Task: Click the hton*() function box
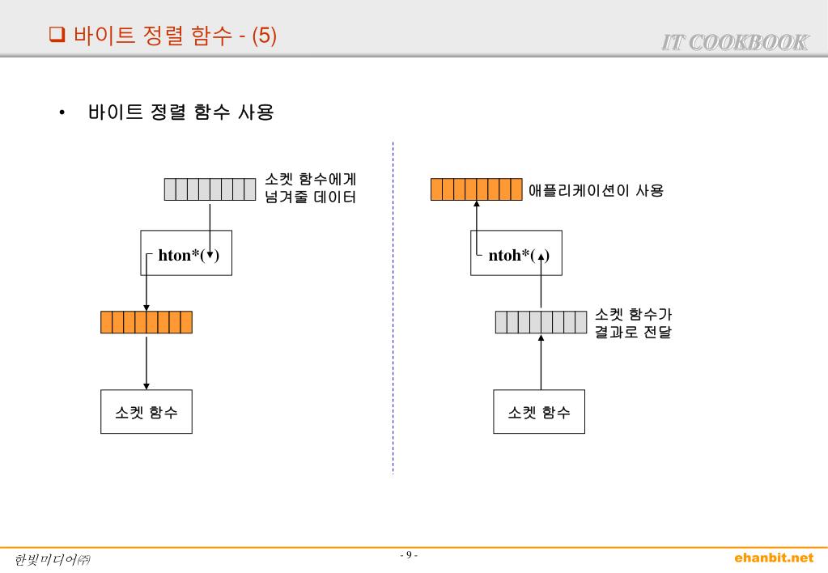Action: point(185,253)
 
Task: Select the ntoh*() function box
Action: point(516,253)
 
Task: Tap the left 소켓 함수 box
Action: point(146,412)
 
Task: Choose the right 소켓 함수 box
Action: point(539,412)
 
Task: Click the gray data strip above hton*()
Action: point(210,189)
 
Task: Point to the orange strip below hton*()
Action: point(146,322)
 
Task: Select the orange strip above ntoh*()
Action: point(476,189)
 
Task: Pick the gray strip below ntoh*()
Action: point(541,322)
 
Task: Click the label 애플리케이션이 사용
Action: point(596,191)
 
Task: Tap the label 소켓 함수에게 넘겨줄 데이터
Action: point(311,188)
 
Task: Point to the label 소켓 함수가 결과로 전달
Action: point(633,323)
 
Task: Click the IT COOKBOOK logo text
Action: point(735,42)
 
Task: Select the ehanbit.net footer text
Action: point(773,558)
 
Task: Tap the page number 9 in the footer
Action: point(409,555)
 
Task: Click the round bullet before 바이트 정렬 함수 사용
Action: point(62,113)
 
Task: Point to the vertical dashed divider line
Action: point(393,308)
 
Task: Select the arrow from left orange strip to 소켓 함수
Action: point(146,362)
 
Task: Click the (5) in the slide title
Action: point(264,35)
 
